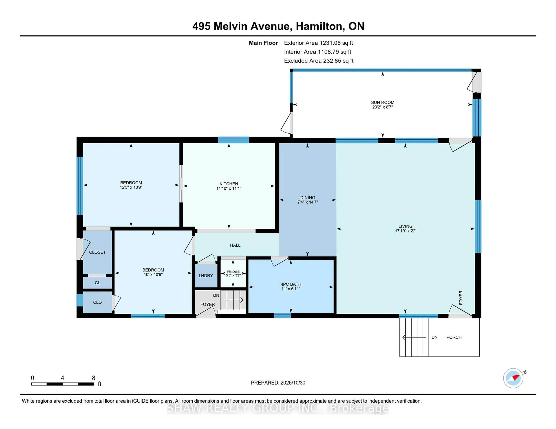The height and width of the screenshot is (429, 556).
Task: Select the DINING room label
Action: pos(308,197)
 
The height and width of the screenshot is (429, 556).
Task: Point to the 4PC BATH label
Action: pos(291,284)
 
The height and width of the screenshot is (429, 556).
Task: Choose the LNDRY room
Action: pos(206,275)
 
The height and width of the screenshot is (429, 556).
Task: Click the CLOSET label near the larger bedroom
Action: pos(97,252)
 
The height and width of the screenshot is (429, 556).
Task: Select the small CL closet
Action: pos(97,283)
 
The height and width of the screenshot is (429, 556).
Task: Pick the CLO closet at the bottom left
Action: pos(97,302)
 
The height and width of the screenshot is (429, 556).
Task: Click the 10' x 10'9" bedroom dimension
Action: pos(153,274)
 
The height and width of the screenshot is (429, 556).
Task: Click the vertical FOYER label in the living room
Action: pos(461,298)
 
